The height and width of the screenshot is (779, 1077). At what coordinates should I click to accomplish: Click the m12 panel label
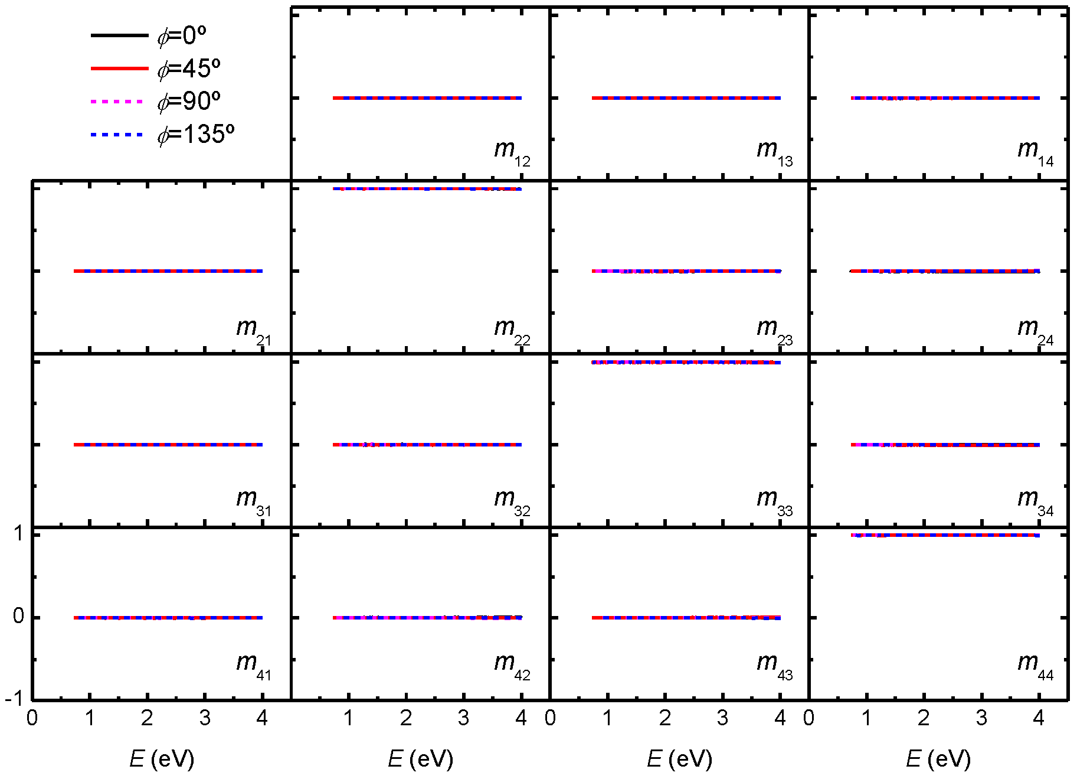pos(512,152)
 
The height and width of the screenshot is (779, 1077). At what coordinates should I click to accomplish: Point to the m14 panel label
pos(1035,152)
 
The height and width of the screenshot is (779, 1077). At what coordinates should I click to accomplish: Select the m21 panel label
pos(253,330)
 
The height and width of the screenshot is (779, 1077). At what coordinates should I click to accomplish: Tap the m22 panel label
pos(512,330)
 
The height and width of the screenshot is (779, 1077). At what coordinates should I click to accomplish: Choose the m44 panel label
pos(1035,665)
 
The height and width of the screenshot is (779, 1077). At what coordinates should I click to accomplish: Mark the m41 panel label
pos(253,665)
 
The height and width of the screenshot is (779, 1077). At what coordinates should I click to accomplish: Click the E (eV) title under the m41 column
pos(162,759)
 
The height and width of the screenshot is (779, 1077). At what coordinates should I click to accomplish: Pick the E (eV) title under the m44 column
pos(938,759)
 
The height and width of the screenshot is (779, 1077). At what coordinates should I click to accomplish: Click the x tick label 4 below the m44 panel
pos(1039,718)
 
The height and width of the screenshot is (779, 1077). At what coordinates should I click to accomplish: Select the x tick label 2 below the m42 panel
pos(406,718)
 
